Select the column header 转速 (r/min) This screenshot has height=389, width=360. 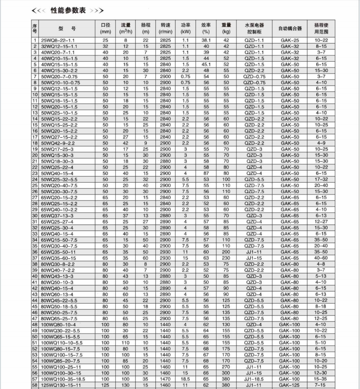[x=165, y=28]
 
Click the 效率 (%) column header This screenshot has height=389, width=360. [x=206, y=28]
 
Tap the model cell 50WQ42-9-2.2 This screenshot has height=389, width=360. [x=59, y=143]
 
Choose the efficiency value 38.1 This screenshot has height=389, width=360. [x=206, y=41]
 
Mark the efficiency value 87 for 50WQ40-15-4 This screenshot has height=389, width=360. [x=206, y=173]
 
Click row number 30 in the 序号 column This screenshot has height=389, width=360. [x=35, y=215]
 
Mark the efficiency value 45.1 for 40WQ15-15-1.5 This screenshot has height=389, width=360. [x=206, y=64]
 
